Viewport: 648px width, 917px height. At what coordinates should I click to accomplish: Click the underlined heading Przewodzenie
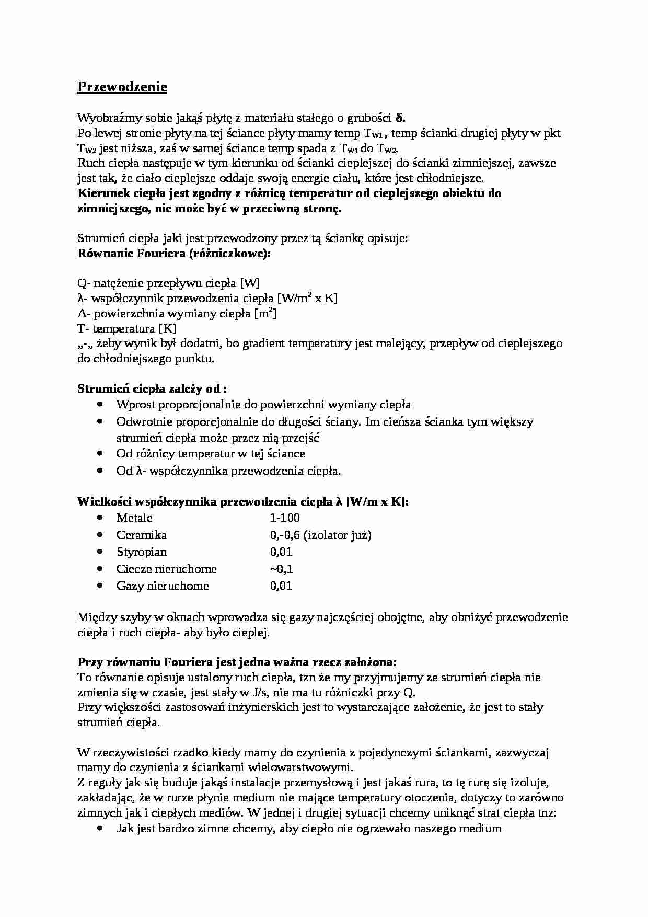click(x=122, y=87)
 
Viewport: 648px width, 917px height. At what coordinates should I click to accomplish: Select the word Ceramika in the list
click(x=142, y=535)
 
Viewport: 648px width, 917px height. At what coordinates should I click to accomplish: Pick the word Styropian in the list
click(x=142, y=552)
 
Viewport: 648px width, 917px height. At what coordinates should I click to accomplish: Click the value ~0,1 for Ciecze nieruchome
click(x=281, y=569)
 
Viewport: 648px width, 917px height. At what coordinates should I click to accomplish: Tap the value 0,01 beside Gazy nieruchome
click(x=281, y=586)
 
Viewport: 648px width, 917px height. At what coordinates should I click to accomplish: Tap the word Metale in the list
click(x=134, y=518)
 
